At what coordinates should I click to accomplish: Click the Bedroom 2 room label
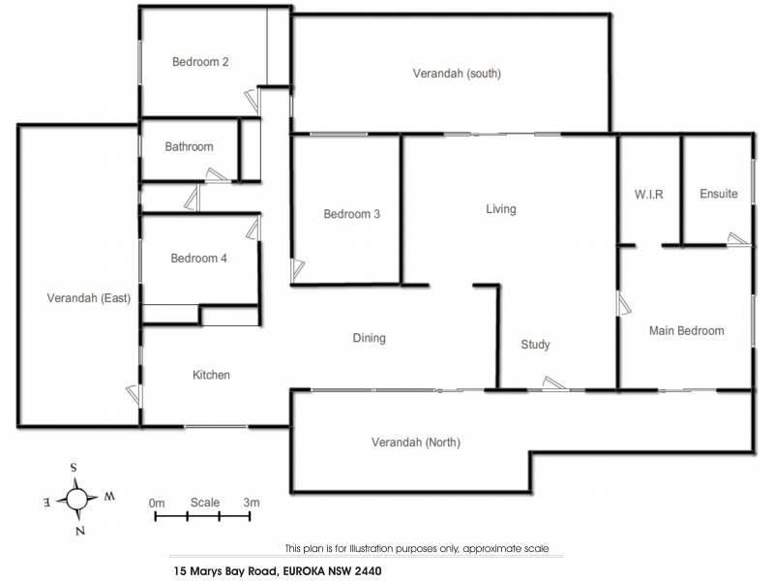200,63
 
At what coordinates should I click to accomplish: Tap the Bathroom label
189,147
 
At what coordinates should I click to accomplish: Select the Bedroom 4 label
199,259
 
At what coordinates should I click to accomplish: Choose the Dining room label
370,339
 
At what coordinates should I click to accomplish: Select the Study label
535,345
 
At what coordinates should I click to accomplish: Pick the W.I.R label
648,195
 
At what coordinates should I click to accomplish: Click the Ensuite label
718,195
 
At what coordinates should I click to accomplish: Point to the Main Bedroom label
686,331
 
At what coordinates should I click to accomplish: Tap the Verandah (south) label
457,74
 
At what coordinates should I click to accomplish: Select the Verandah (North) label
416,443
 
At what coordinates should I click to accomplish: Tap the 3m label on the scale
252,503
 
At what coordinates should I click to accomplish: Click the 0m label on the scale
157,503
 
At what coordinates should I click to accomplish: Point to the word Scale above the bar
204,503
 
